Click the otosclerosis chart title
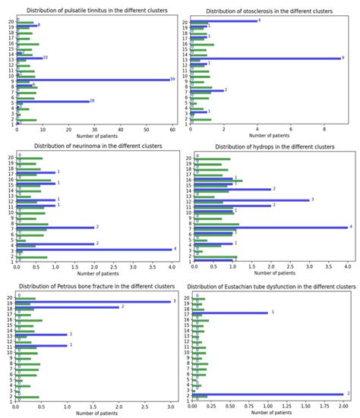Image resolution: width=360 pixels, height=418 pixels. [x=270, y=11]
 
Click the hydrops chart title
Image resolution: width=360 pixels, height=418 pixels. [x=270, y=146]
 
